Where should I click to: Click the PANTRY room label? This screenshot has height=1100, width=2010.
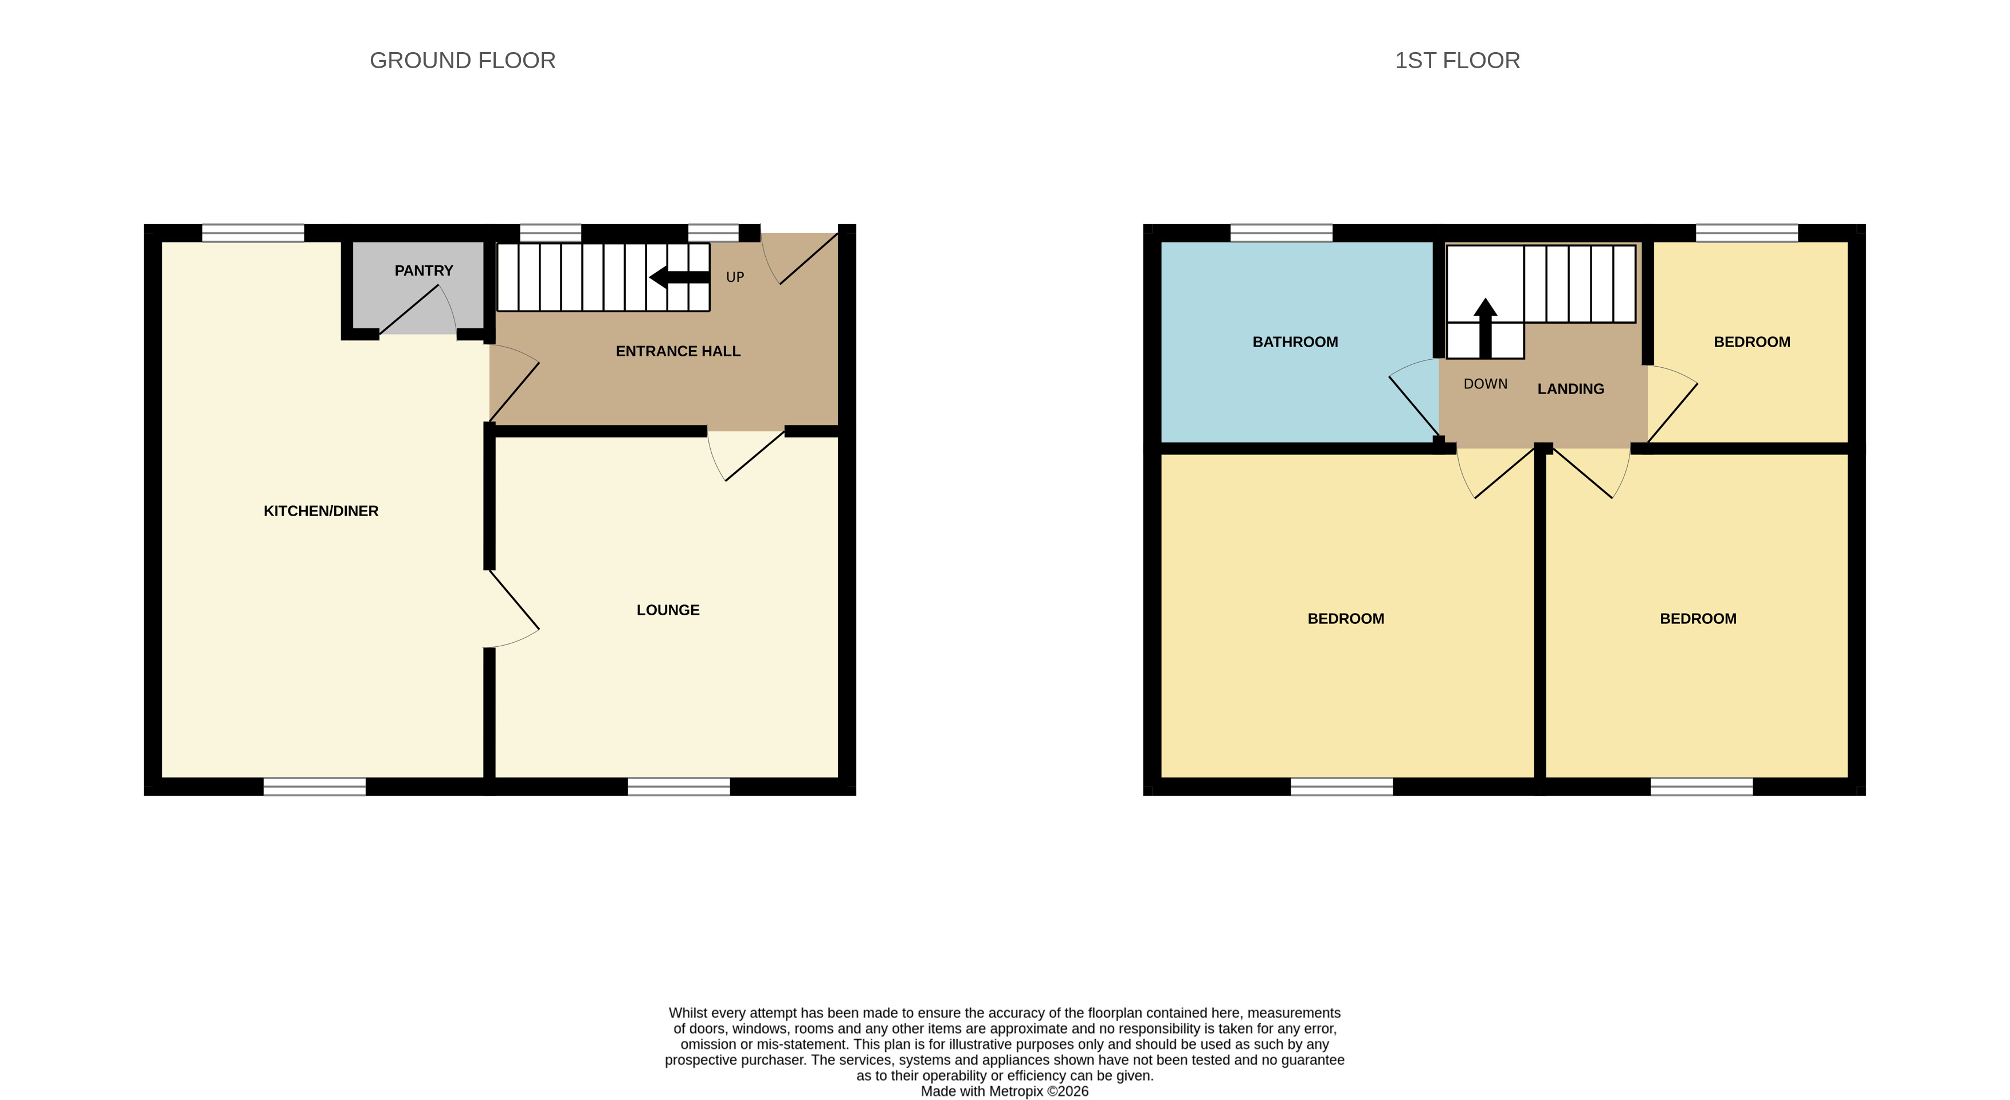424,271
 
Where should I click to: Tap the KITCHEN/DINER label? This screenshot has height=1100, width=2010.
321,511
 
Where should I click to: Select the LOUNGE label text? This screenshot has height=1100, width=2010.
668,610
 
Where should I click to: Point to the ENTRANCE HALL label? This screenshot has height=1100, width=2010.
678,351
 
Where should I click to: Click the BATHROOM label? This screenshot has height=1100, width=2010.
1295,341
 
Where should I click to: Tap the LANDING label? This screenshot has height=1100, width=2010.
1571,388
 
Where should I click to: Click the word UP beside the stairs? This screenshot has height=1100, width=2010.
735,277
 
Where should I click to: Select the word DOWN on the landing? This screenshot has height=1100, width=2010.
1486,384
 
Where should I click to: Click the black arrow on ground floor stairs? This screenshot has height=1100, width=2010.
680,277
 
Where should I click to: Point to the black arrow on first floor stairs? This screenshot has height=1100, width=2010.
1486,328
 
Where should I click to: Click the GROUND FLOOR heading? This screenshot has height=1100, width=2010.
463,60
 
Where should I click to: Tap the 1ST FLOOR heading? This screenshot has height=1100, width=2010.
1457,60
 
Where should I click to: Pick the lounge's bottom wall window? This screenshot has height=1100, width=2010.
679,787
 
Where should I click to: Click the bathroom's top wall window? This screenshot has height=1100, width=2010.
1281,233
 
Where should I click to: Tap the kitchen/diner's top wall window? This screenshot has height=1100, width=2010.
253,233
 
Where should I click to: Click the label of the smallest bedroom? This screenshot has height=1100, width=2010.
1752,341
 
